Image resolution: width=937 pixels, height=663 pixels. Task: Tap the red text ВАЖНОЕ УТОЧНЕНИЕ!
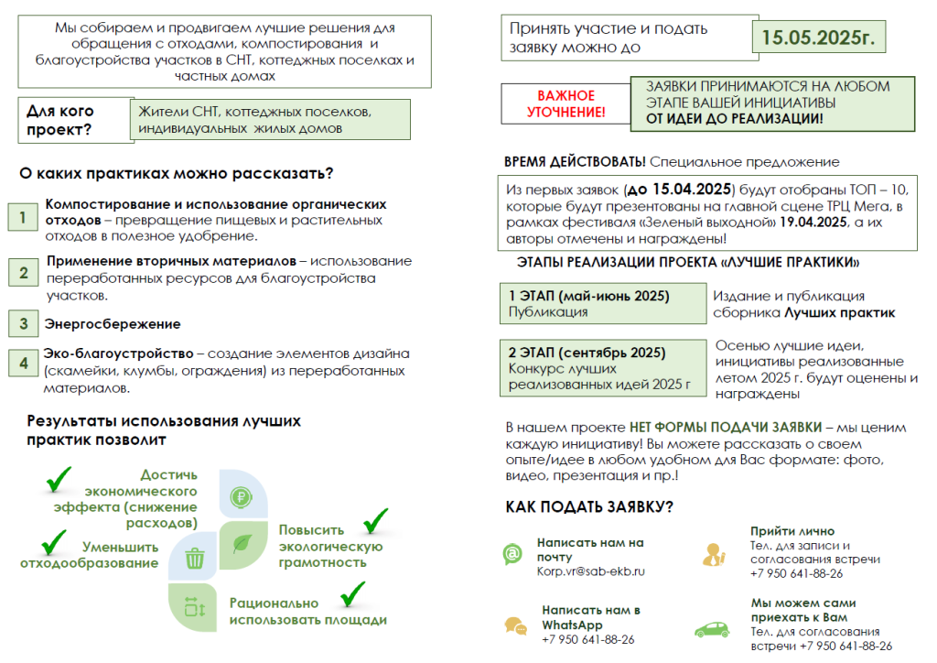click(565, 103)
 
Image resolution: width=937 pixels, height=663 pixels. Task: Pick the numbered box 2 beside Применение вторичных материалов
click(22, 272)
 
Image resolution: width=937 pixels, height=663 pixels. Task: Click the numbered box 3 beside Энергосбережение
click(22, 323)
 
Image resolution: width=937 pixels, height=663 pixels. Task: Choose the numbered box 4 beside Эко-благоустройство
click(22, 363)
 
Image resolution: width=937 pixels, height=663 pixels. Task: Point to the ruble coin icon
click(242, 499)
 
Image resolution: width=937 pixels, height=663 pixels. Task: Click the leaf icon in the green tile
click(243, 544)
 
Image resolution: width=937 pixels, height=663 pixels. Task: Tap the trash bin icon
click(194, 557)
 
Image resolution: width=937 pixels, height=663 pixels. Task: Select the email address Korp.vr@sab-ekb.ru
click(590, 571)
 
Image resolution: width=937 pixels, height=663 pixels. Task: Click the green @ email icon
click(512, 554)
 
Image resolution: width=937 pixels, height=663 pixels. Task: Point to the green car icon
click(712, 629)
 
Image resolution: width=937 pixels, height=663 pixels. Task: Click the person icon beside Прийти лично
click(713, 553)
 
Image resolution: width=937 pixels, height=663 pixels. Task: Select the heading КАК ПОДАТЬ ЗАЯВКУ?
click(589, 506)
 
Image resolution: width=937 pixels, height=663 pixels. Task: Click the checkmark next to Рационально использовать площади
click(351, 594)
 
